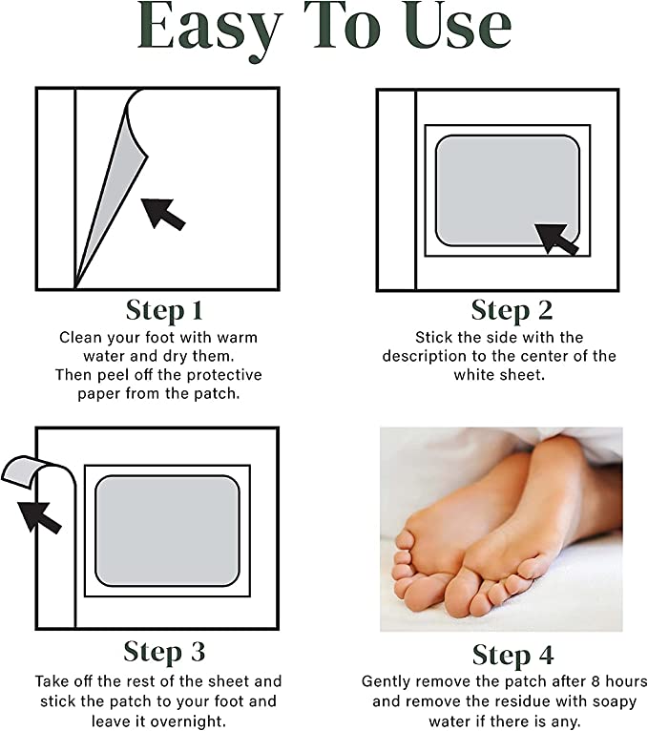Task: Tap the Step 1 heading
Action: pos(164,310)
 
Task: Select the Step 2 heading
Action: pos(512,310)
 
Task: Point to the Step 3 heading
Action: pos(164,652)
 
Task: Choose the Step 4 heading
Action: pos(512,656)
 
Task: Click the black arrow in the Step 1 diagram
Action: pos(163,214)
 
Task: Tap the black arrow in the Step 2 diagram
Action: pos(556,240)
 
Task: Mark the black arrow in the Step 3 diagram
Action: pos(40,517)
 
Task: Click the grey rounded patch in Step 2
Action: pos(508,190)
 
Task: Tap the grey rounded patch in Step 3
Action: pos(167,531)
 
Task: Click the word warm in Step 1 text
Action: pos(238,337)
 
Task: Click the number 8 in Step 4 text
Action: pos(596,681)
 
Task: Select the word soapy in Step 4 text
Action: pos(614,701)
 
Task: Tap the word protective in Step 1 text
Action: pos(230,375)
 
